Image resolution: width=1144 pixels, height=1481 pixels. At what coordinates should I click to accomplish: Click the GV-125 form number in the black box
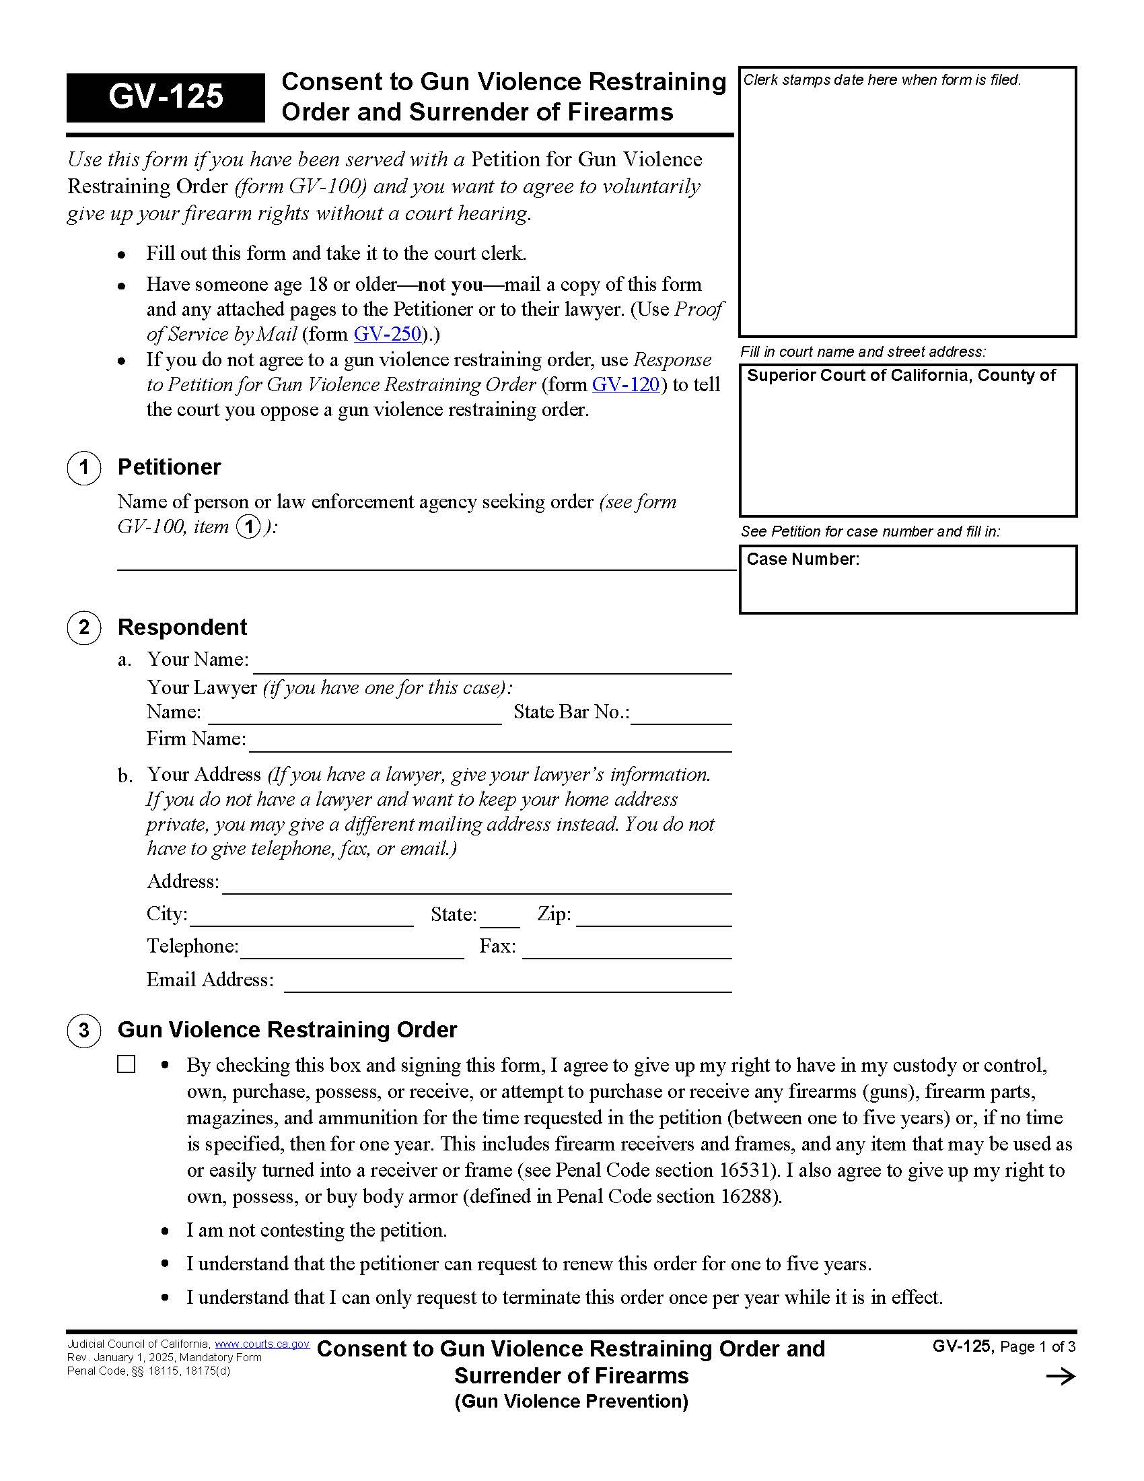point(166,97)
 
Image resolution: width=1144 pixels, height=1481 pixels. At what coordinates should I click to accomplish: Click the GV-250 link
point(388,334)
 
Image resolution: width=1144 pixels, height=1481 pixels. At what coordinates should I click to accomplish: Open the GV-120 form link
point(626,384)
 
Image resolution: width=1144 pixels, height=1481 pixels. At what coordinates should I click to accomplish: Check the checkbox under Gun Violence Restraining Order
point(126,1064)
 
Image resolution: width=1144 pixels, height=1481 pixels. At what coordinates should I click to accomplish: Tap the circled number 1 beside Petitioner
point(84,467)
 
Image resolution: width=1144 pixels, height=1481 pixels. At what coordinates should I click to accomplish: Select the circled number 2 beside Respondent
point(84,627)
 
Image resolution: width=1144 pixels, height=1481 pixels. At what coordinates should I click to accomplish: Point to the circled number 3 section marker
point(84,1030)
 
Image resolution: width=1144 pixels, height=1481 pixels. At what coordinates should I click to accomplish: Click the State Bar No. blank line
point(680,718)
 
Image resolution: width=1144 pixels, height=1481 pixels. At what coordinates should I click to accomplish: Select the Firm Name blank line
point(489,744)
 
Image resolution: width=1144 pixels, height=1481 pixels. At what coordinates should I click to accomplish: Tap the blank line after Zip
point(653,919)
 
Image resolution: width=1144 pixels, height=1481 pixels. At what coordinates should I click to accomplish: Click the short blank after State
point(500,920)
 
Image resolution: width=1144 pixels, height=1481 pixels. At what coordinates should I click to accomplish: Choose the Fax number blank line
point(627,951)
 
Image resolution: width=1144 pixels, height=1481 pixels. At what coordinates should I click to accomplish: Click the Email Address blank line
point(507,985)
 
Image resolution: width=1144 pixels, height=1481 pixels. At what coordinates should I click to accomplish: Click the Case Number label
point(802,559)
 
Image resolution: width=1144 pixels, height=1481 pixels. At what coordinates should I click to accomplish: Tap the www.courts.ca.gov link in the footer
point(262,1344)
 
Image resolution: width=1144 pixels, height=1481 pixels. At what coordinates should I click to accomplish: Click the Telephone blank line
point(351,951)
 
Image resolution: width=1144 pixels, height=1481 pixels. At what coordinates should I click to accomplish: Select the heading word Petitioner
point(169,467)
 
